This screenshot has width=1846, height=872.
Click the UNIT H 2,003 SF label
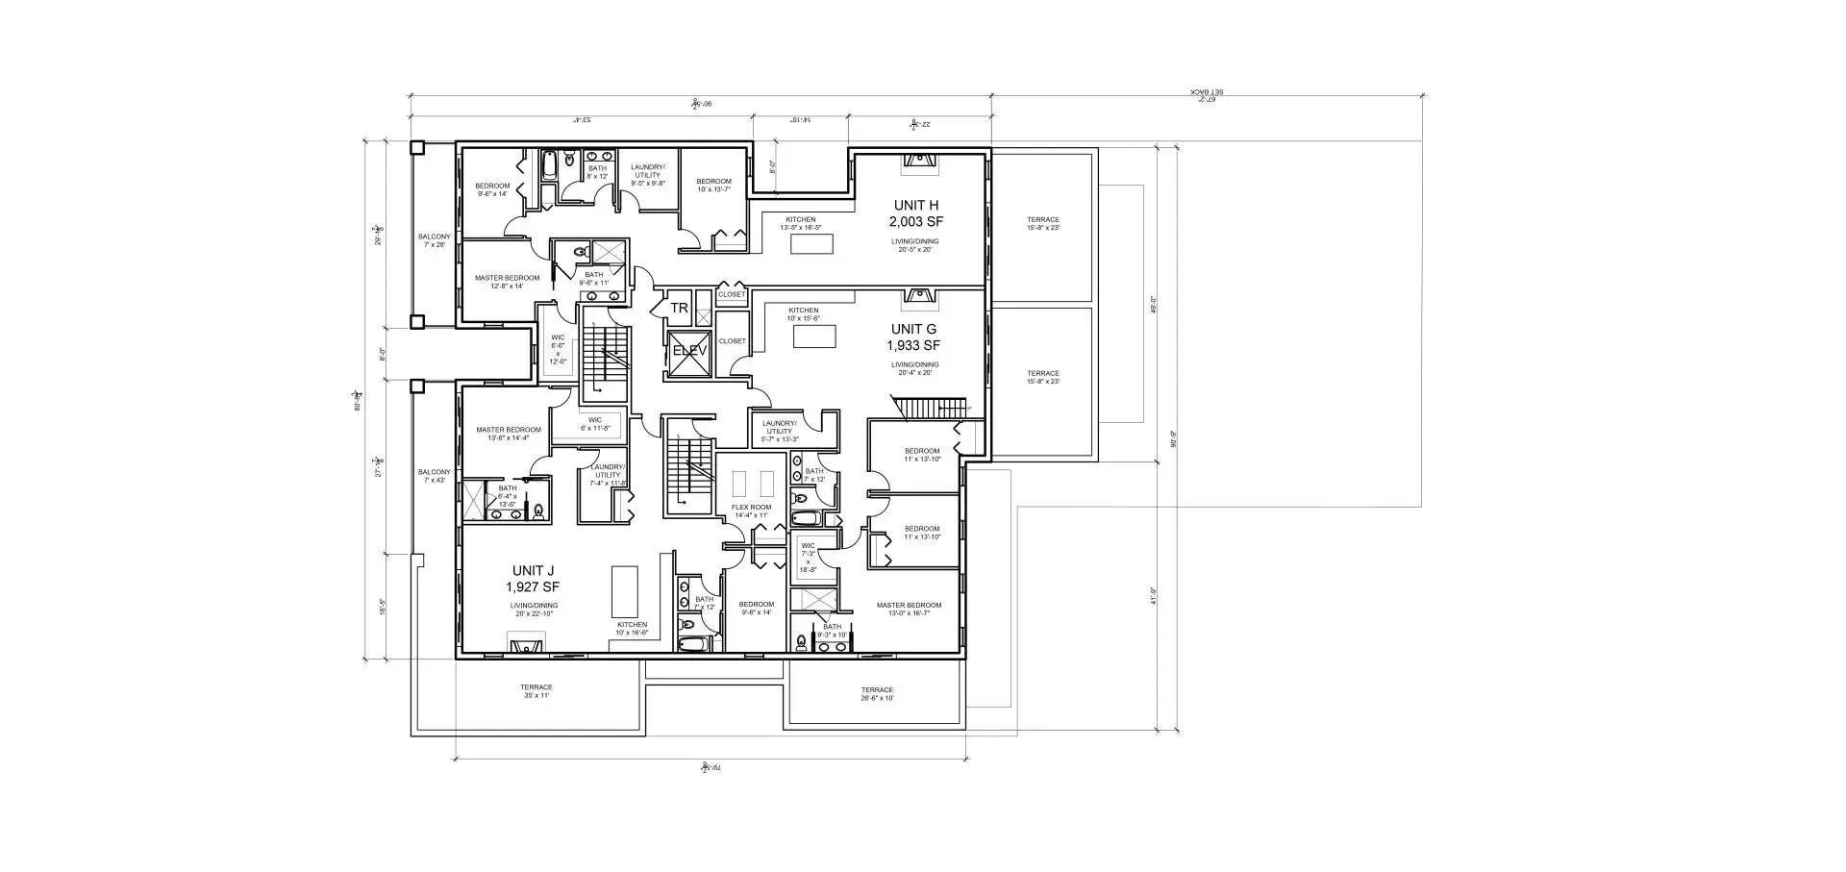coord(914,212)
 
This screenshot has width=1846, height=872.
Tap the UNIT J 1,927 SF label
coord(532,578)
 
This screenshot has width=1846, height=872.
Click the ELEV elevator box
coord(688,351)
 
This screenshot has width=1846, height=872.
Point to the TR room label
coord(679,309)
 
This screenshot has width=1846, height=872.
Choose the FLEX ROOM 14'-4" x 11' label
coord(751,511)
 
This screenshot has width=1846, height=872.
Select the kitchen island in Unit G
coord(814,336)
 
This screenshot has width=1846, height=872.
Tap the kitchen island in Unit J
coord(625,591)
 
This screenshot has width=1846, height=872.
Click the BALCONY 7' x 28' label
coord(434,240)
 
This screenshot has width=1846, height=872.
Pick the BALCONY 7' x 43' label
coord(434,476)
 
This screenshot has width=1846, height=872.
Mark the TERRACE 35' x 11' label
coord(536,690)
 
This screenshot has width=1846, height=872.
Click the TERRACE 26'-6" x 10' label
coord(876,693)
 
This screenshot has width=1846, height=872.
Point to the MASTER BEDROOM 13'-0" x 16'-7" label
coord(909,609)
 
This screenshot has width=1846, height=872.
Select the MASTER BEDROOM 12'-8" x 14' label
coord(507,282)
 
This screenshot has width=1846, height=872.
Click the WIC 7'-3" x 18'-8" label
coord(808,558)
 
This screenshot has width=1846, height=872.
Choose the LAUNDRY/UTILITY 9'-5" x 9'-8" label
coord(647,175)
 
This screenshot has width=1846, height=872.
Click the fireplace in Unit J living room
coord(527,645)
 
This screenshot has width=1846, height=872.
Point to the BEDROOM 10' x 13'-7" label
coord(713,185)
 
